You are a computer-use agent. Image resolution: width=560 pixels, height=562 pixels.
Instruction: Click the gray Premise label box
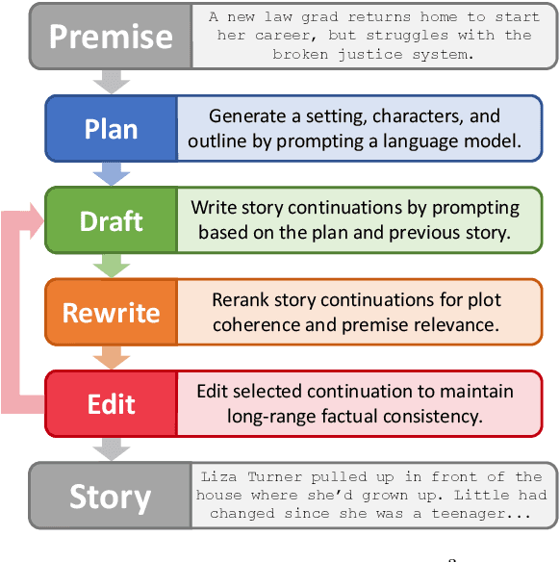coord(111,36)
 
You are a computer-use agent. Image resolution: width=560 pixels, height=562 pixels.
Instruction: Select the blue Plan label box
coord(111,128)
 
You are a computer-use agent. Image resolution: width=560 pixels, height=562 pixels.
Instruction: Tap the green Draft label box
coord(111,220)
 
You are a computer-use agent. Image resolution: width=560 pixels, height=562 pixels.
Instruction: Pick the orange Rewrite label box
coord(111,312)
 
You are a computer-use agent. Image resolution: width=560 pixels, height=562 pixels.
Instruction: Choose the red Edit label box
coord(111,403)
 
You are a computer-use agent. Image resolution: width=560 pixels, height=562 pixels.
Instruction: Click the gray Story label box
coord(111,497)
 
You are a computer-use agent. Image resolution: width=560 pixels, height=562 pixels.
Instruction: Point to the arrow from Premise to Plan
coord(111,80)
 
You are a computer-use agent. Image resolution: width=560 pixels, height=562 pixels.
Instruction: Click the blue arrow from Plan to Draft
coord(111,173)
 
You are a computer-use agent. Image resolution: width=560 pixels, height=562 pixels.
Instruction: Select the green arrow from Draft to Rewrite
coord(111,265)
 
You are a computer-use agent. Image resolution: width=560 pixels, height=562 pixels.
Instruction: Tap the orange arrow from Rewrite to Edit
coord(111,357)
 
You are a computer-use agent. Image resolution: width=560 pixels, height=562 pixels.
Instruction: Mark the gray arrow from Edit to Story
coord(111,449)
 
